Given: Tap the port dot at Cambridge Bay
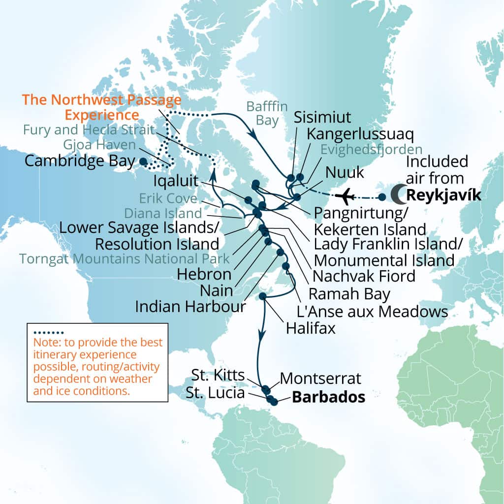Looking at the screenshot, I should [143, 161].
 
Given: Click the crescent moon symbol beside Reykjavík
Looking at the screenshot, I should [398, 194].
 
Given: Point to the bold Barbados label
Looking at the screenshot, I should [328, 397].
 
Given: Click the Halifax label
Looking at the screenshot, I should [311, 327].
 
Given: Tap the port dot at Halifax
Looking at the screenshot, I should [263, 296].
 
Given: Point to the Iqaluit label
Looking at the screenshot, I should [172, 178].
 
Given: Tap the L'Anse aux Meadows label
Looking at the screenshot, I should [372, 311].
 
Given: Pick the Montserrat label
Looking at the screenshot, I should [320, 379].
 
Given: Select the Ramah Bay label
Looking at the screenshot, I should [349, 294].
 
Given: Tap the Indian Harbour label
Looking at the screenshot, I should [190, 307].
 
